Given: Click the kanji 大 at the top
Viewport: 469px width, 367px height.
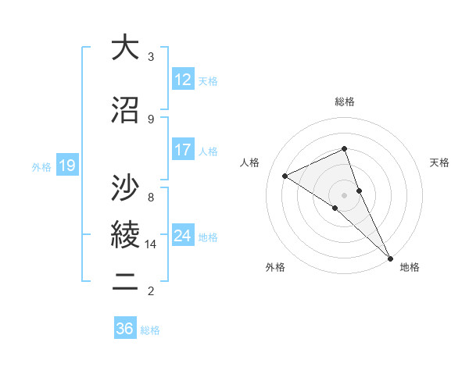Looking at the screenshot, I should pyautogui.click(x=124, y=48).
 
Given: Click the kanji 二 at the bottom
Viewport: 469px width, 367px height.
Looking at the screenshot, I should pyautogui.click(x=124, y=283).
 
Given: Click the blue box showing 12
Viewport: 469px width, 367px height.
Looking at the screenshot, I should pyautogui.click(x=183, y=80).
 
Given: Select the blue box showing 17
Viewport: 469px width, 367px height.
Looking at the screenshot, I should pyautogui.click(x=183, y=150).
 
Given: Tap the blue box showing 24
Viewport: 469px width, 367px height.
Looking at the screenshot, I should pyautogui.click(x=183, y=236).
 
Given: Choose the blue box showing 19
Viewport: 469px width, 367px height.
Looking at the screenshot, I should pyautogui.click(x=67, y=166).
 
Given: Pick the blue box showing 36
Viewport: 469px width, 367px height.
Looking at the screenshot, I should pyautogui.click(x=125, y=329).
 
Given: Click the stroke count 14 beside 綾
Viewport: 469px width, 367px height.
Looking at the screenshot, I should pyautogui.click(x=152, y=244).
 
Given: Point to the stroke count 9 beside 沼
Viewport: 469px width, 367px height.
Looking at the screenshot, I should pyautogui.click(x=151, y=119).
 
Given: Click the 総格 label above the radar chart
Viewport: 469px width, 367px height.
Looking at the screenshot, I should pyautogui.click(x=345, y=102).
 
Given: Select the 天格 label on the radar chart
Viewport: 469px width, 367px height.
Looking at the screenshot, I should pyautogui.click(x=439, y=162).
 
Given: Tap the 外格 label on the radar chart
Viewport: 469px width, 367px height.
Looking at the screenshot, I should pyautogui.click(x=275, y=267).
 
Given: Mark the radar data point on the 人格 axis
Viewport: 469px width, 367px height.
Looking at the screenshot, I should pyautogui.click(x=285, y=176).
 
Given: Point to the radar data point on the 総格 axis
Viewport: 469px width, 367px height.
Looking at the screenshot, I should pyautogui.click(x=345, y=148).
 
